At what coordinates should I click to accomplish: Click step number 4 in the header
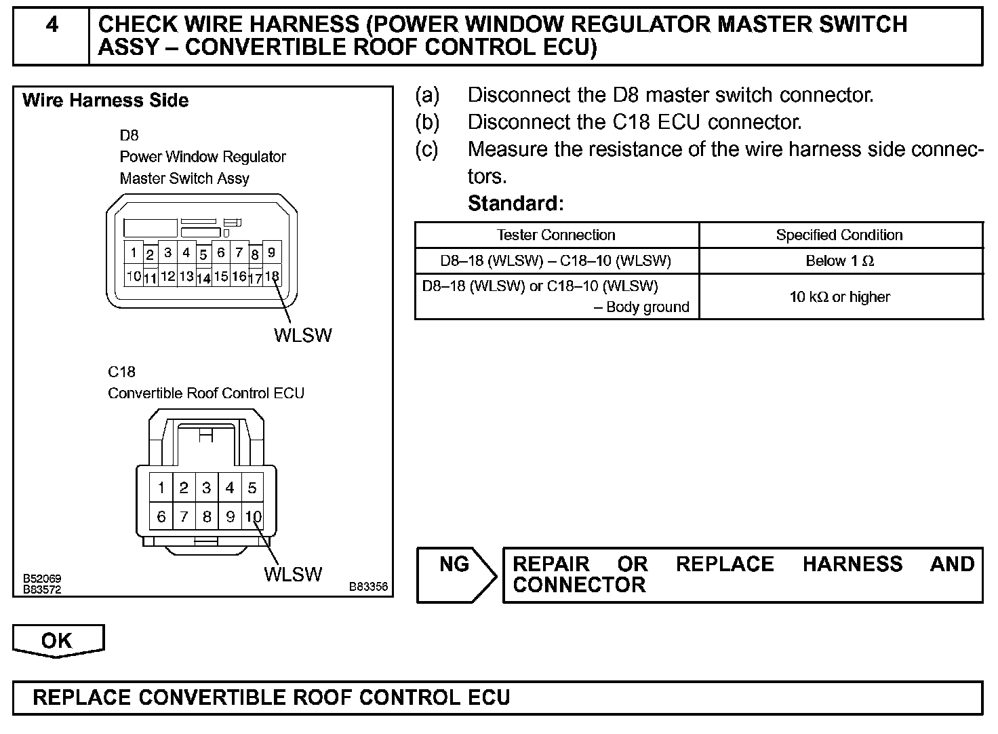[x=52, y=25]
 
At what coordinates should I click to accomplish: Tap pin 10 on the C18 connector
[x=253, y=517]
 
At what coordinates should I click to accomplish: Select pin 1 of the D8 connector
[x=134, y=253]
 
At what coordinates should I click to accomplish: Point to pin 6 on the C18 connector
[x=161, y=517]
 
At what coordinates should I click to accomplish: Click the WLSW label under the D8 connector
[x=302, y=335]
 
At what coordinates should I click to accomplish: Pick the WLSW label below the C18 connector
[x=293, y=575]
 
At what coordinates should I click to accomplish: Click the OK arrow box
[x=58, y=641]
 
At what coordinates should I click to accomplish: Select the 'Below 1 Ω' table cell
[x=839, y=261]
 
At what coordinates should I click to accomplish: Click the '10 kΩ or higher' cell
[x=839, y=296]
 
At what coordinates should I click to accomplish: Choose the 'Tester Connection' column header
[x=556, y=235]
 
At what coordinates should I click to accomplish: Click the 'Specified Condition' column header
[x=839, y=235]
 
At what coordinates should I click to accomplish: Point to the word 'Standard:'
[x=515, y=204]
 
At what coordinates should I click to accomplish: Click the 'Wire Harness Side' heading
[x=105, y=101]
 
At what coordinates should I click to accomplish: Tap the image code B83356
[x=368, y=587]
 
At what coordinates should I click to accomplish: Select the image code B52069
[x=42, y=579]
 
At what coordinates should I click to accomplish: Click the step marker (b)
[x=426, y=122]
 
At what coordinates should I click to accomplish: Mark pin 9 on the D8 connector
[x=271, y=252]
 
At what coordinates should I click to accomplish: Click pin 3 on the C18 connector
[x=207, y=488]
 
